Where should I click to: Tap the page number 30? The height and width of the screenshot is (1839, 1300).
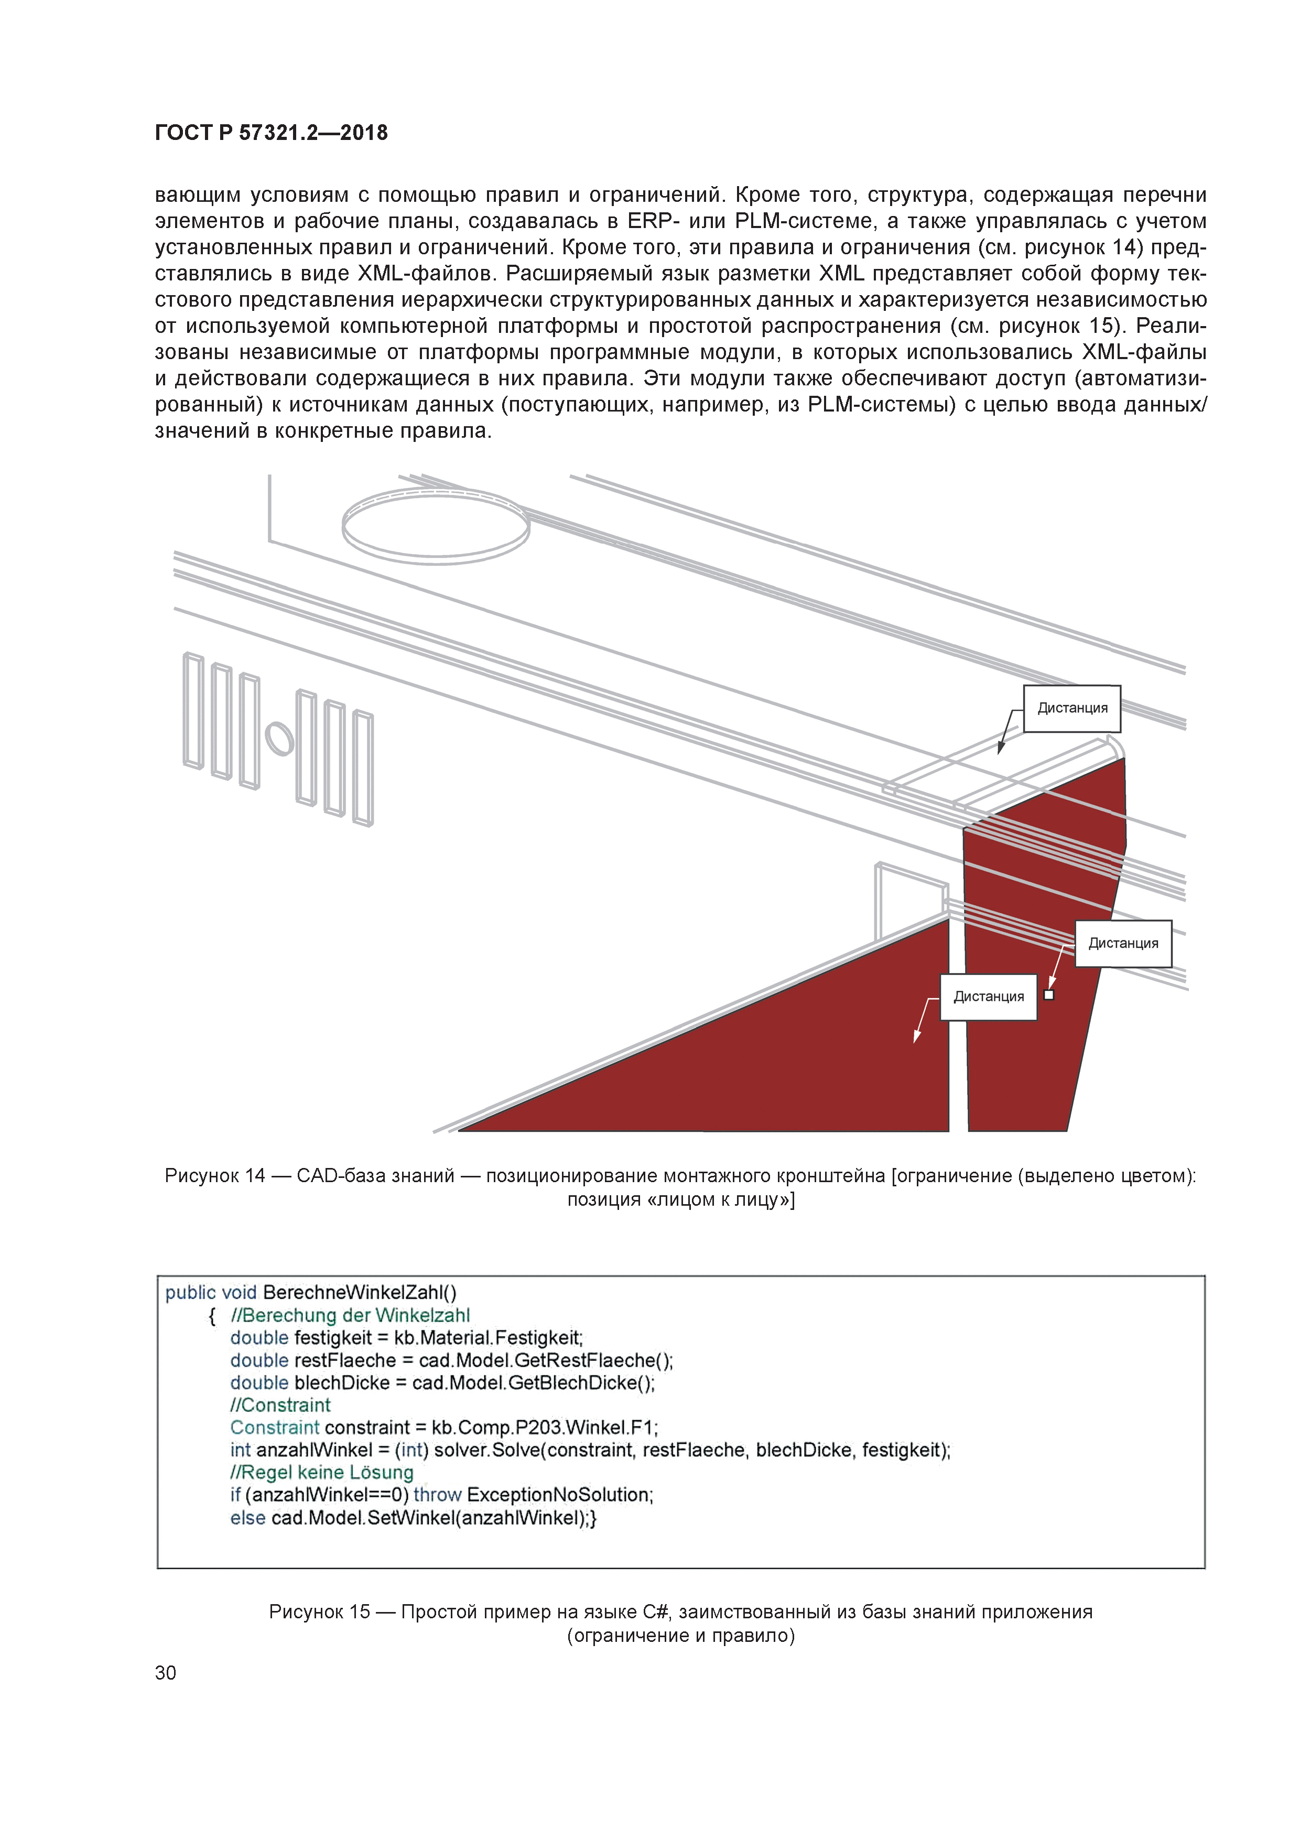click(165, 1672)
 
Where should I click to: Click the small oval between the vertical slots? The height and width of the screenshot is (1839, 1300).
click(279, 739)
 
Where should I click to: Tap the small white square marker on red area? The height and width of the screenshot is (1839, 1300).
click(1049, 995)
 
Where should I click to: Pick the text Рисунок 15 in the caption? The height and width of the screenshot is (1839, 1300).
click(320, 1611)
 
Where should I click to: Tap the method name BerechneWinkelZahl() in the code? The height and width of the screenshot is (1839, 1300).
click(360, 1293)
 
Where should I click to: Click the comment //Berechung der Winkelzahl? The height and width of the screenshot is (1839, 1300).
click(350, 1315)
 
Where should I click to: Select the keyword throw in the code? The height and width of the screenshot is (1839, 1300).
click(437, 1495)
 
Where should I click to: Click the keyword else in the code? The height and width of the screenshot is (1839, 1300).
click(247, 1518)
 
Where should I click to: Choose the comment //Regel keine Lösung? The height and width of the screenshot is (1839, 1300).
click(322, 1472)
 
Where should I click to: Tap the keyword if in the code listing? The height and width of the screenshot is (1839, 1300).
click(235, 1495)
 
